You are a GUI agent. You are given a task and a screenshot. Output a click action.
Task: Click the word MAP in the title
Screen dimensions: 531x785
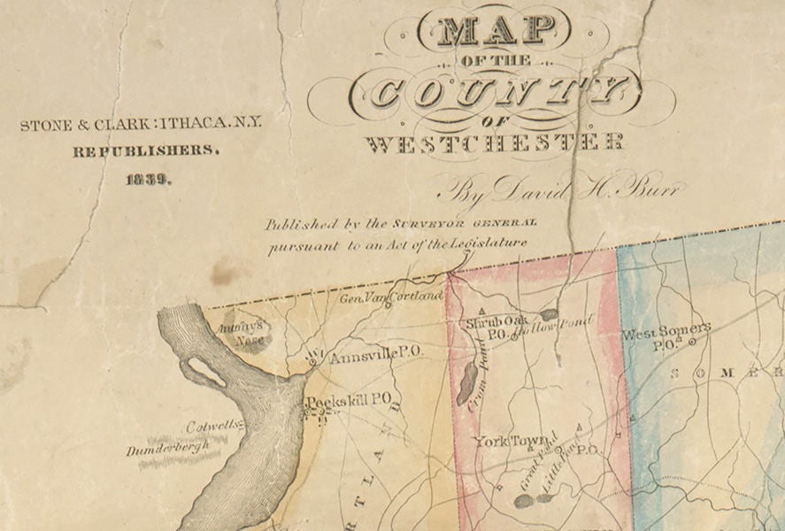[496, 31]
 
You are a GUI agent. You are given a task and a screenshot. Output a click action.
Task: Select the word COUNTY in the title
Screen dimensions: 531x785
[495, 91]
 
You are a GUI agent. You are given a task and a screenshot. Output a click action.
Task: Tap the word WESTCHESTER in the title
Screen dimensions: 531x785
[495, 142]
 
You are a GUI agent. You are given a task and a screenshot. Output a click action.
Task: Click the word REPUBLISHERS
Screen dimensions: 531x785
[146, 151]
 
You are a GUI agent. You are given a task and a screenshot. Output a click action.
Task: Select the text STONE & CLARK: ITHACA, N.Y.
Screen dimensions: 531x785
[142, 125]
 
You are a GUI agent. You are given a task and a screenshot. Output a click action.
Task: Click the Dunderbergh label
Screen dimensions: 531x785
[168, 449]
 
